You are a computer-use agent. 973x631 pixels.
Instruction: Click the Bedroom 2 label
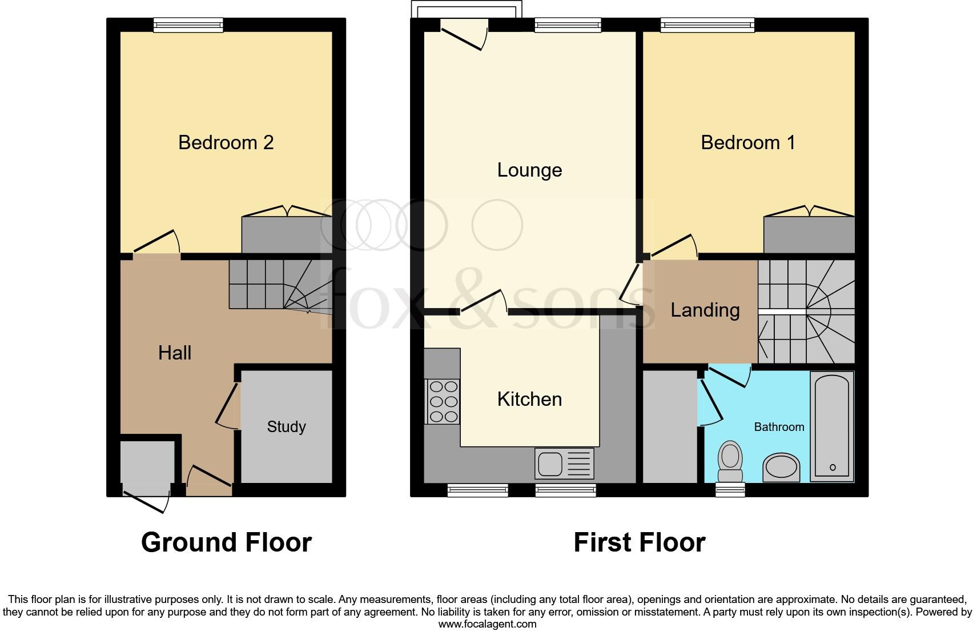coord(226,142)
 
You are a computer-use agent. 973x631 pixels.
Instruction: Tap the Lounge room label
coord(529,170)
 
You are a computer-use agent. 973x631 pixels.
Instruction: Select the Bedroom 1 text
coord(747,142)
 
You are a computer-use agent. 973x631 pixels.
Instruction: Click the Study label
coord(286,426)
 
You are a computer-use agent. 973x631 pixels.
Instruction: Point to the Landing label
coord(705,310)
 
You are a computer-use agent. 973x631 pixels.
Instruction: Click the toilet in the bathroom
coord(730,462)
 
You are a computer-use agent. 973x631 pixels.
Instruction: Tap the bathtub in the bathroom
coord(832,426)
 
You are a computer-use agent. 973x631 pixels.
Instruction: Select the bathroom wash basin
coord(781,468)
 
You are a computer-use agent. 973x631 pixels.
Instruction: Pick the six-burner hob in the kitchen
coord(443,401)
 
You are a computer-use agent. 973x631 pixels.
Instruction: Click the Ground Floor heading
coord(226,542)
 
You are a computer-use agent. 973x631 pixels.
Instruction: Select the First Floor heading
coord(639,542)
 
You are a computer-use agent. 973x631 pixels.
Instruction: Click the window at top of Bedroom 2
coord(188,25)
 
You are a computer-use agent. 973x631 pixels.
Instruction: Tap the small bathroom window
coord(730,489)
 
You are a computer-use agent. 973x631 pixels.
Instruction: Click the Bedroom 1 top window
coord(707,25)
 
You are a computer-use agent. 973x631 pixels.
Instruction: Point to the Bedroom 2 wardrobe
coord(287,235)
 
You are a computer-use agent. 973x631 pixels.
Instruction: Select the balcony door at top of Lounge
coord(464,34)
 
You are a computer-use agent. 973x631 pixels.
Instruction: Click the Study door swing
coord(228,406)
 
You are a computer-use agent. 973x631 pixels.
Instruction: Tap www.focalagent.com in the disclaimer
coord(487,624)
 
